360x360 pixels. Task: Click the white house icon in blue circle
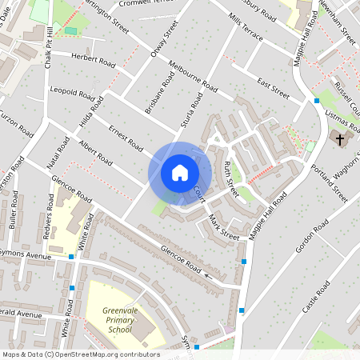180,172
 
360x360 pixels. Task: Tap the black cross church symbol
340,140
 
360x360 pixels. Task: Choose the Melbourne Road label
193,76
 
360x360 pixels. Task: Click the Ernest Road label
126,138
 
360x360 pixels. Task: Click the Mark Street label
223,226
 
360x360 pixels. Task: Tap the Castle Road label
314,298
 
